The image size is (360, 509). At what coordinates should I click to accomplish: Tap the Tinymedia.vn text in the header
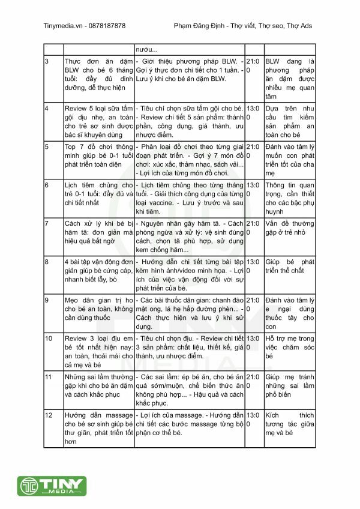click(63, 26)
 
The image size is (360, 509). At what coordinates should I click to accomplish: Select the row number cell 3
click(47, 62)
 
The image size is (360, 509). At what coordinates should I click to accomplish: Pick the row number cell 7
click(47, 223)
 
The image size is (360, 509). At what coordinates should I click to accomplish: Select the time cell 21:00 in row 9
click(253, 304)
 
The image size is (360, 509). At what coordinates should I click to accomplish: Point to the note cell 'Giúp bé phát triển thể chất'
click(290, 266)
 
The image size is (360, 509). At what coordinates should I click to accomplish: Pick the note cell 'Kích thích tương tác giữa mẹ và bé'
click(290, 424)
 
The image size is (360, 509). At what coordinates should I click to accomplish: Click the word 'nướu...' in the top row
click(148, 49)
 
